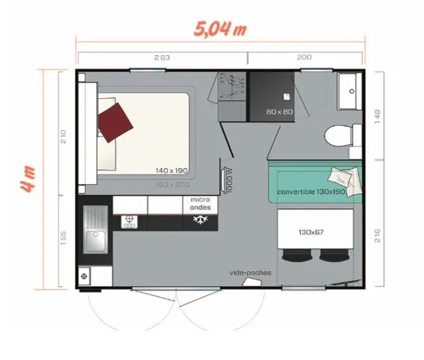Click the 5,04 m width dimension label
pos(219,30)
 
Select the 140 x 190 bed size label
pos(171,170)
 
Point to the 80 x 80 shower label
pos(280,112)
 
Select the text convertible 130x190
pos(311,192)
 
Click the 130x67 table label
pos(310,232)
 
